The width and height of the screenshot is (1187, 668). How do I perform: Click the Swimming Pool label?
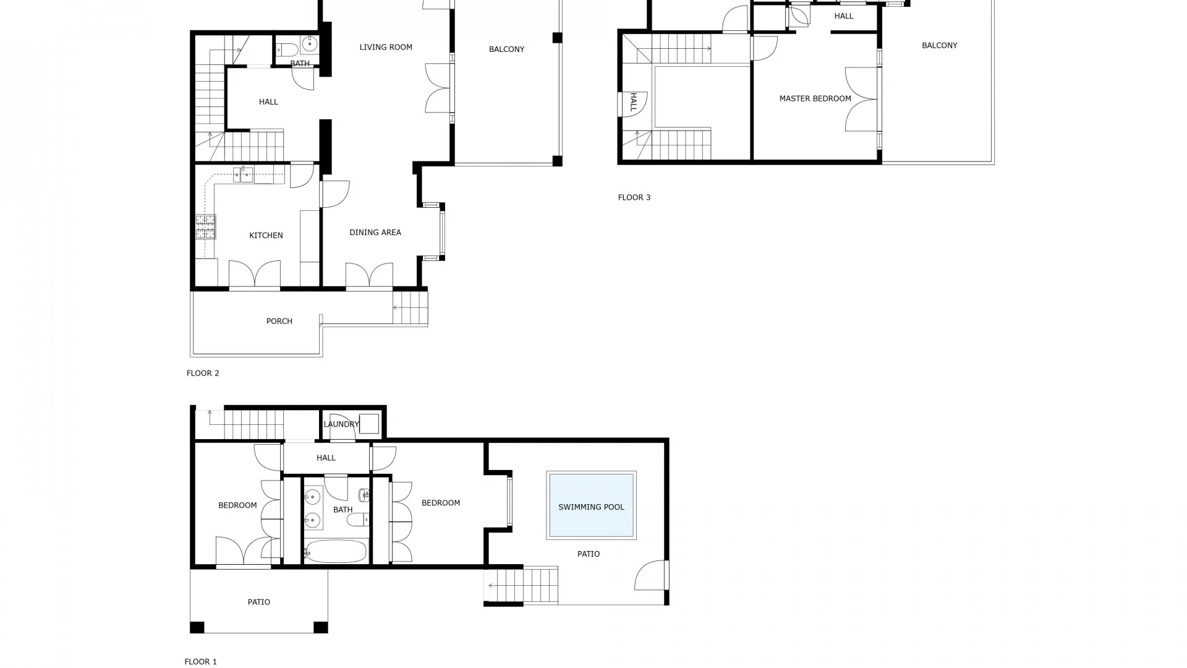pos(591,507)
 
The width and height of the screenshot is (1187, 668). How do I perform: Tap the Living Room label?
pos(386,47)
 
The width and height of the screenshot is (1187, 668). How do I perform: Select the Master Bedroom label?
pos(815,98)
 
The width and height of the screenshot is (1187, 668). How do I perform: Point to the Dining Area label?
pos(375,233)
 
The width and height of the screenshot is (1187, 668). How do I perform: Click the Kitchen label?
pos(266,236)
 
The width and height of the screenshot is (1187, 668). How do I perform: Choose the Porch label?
pos(279,322)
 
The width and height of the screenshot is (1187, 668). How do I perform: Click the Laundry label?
pos(341,424)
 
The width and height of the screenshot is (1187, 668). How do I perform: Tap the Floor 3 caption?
pos(634,198)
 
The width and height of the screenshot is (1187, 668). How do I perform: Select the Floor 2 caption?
pos(203,374)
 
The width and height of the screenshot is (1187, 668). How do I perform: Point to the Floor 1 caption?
pos(201,662)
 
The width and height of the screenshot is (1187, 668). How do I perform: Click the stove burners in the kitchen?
pos(206,226)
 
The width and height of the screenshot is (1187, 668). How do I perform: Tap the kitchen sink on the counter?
pos(244,174)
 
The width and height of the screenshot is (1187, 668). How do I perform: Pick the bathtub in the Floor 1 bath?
pos(336,551)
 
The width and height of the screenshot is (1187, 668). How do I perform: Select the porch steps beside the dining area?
pos(411,307)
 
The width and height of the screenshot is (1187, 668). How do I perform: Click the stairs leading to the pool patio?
pos(522,585)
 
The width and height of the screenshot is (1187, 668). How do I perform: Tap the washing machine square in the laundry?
pos(369,424)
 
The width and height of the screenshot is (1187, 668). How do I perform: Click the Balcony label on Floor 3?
pos(939,46)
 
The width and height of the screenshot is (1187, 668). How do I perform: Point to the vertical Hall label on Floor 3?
pos(634,102)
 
